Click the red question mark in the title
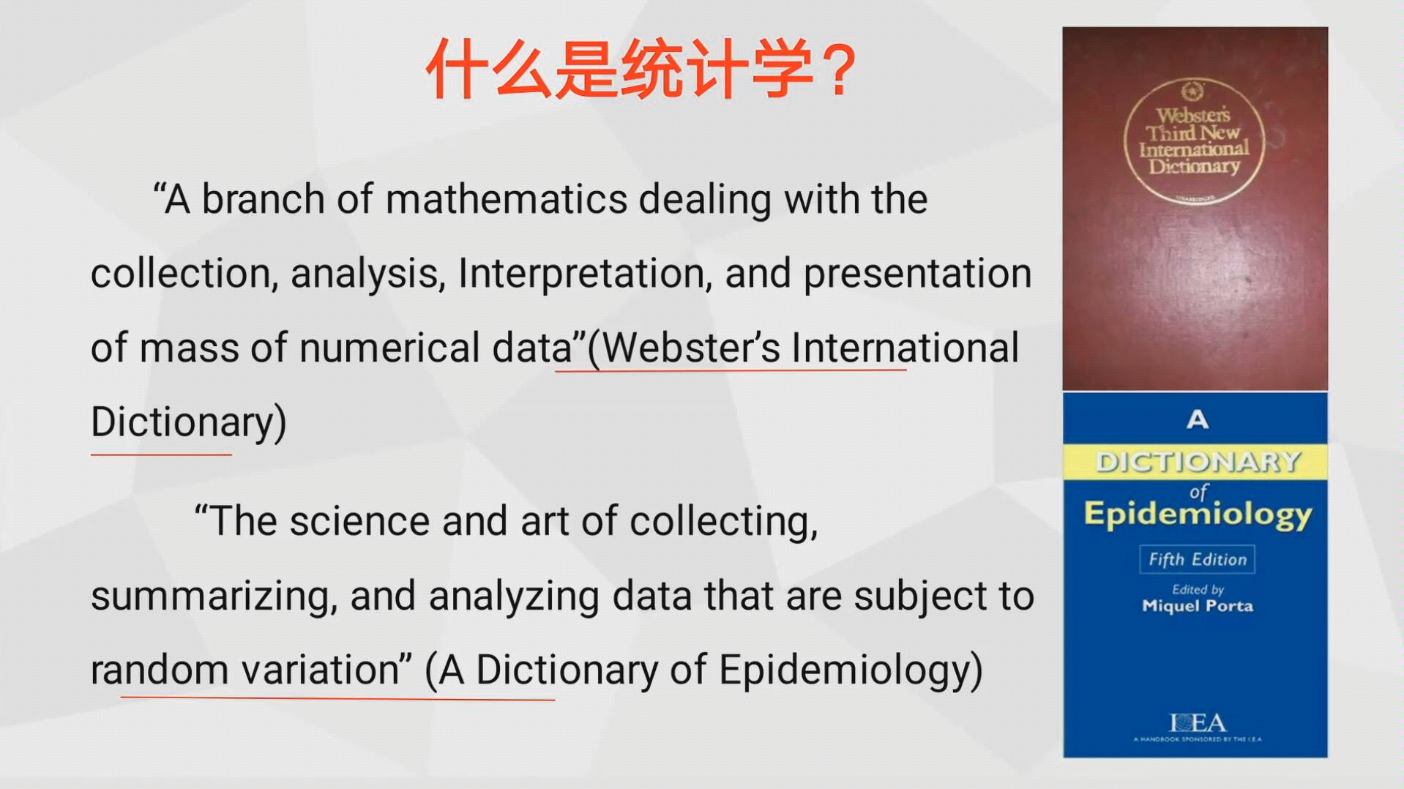(x=835, y=70)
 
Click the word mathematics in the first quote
(x=506, y=200)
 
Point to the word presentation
(x=918, y=274)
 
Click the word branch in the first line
(x=263, y=200)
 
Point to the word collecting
(x=723, y=523)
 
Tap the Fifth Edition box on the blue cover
(x=1197, y=560)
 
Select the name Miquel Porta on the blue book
(x=1198, y=606)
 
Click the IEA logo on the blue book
(x=1198, y=723)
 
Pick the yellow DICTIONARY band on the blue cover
(x=1195, y=462)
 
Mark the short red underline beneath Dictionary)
(x=161, y=455)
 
